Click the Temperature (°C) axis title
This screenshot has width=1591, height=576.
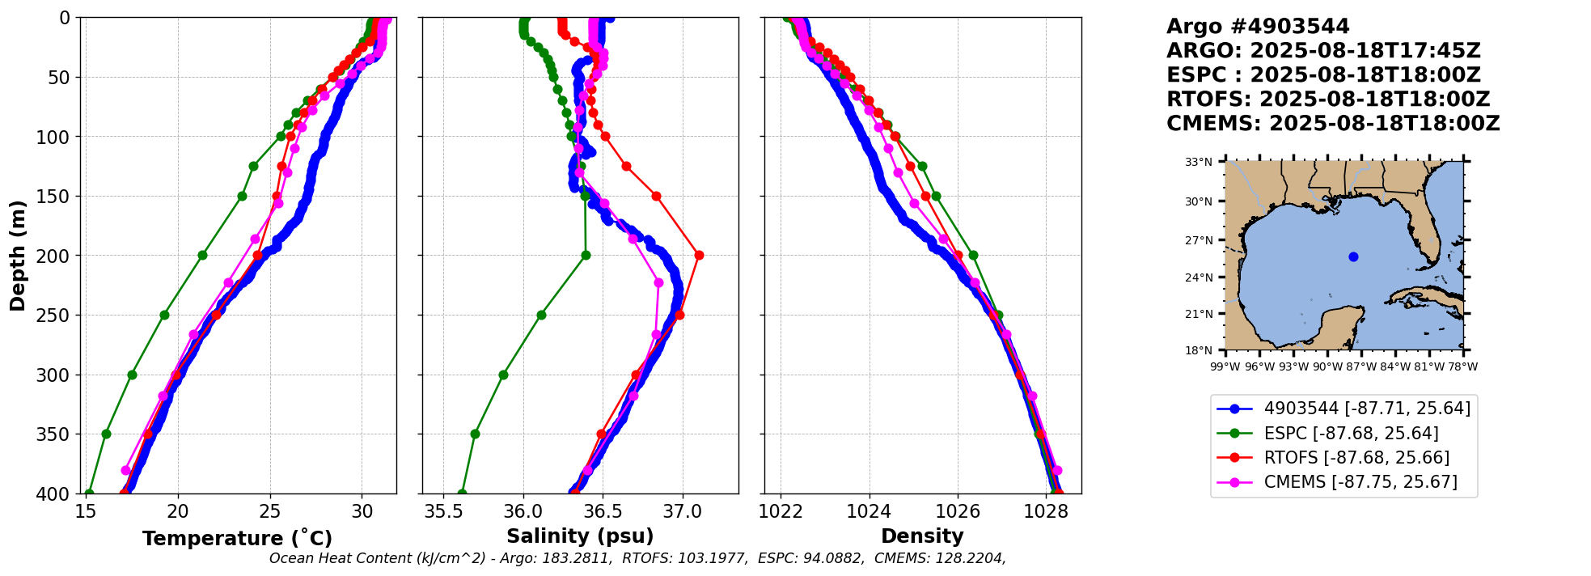tap(237, 539)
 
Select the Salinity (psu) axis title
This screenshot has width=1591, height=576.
tap(580, 536)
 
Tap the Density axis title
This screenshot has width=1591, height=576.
tap(922, 536)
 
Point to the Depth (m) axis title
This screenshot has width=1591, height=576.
tap(18, 255)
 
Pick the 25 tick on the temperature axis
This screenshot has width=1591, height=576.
tap(270, 511)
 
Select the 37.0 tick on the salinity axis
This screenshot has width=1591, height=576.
tap(682, 511)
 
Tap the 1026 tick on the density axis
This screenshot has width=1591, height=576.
tap(958, 511)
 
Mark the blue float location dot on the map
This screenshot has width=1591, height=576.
tap(1353, 256)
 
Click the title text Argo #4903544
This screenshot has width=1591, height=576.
tap(1258, 27)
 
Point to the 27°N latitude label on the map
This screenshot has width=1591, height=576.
tap(1199, 240)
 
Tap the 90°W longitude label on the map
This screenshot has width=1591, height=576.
tap(1327, 366)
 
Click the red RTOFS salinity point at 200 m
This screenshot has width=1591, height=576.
tap(699, 256)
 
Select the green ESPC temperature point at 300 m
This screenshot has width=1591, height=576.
tap(132, 375)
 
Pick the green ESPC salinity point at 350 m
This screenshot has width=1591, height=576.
tap(475, 434)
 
